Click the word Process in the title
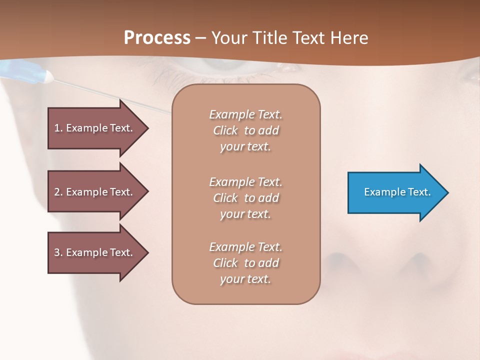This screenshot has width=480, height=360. point(157,38)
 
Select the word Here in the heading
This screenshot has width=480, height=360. point(348,38)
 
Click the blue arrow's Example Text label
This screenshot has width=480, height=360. point(397,192)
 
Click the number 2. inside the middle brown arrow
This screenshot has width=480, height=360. point(58,192)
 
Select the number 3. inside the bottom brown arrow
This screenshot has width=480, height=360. point(58,252)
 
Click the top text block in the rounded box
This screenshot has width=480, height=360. point(245,130)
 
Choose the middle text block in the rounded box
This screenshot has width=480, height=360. point(245,198)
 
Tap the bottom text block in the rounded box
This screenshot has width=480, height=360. point(245,263)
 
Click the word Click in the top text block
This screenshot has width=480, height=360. point(225,130)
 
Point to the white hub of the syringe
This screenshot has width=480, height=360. point(48,76)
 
